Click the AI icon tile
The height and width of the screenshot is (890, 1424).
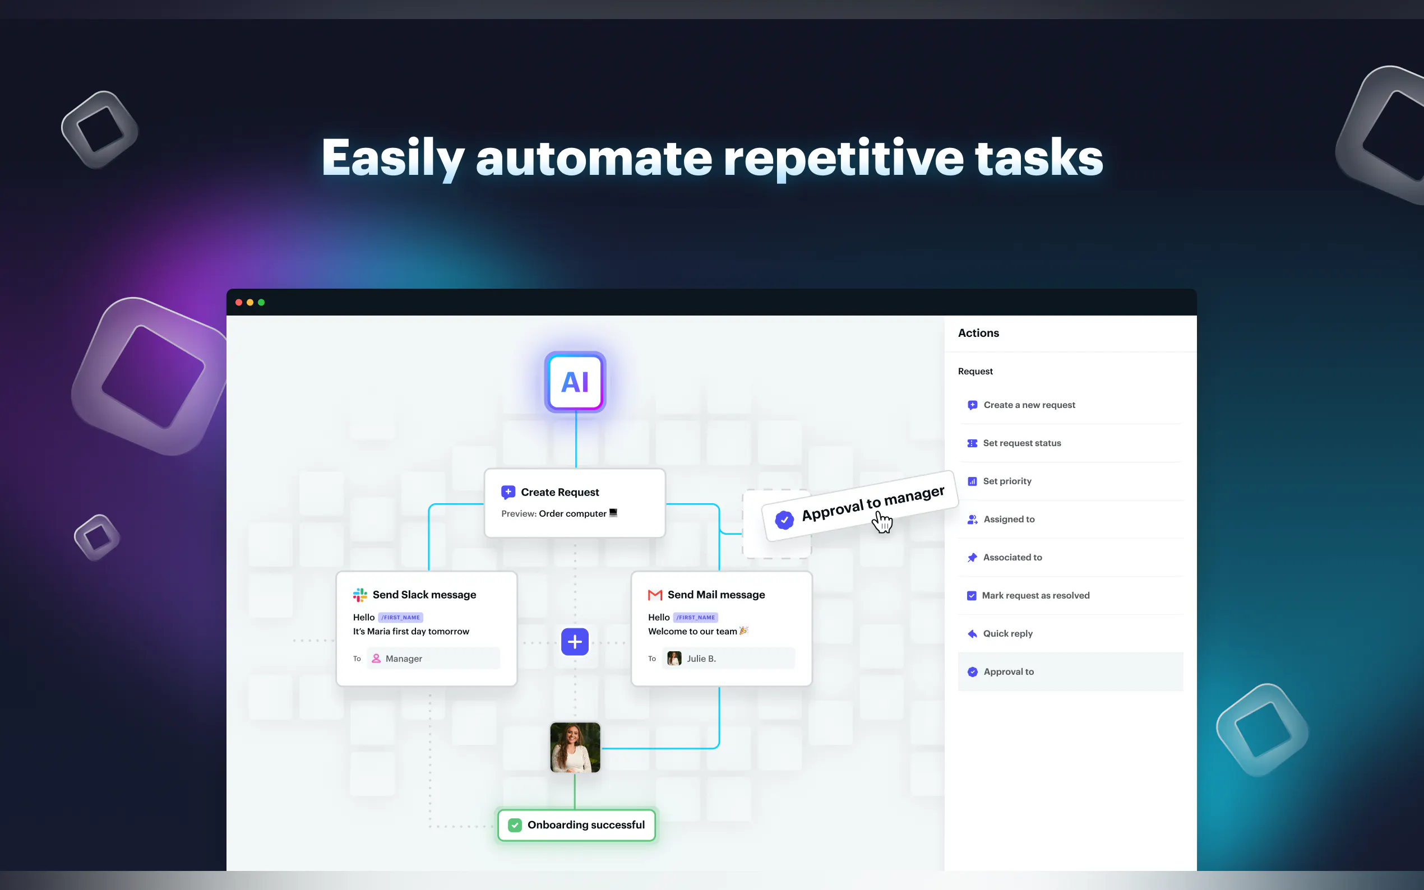pos(575,382)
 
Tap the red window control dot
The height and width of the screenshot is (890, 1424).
pos(238,303)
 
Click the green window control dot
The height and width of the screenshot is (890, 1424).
pos(261,303)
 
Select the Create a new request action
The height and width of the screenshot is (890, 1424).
pos(1029,405)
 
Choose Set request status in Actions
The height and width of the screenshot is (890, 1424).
pos(1021,443)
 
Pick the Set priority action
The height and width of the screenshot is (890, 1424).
pos(1007,481)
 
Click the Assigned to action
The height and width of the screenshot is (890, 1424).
pos(1009,519)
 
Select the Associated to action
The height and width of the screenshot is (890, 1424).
pos(1012,558)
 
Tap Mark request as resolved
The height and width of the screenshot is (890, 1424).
pos(1035,596)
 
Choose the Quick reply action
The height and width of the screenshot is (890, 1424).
pos(1007,634)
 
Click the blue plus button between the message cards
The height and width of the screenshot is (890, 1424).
pos(575,642)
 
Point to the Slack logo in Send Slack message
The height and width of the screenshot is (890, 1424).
pos(360,595)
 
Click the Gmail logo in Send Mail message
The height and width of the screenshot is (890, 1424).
pos(655,595)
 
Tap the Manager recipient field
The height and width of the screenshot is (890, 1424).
pos(433,659)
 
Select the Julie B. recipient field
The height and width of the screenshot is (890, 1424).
pos(728,659)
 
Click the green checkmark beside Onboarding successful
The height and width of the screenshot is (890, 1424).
pos(515,825)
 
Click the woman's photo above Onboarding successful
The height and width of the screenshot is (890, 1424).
pos(575,748)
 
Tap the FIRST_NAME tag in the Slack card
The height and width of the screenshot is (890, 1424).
pos(400,618)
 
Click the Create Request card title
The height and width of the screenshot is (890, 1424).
pos(560,492)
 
